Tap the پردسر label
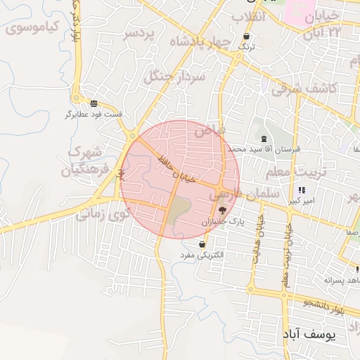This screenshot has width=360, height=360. coord(138,34)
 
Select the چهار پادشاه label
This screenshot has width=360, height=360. coord(200,42)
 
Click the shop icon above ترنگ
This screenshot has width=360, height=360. coord(246,37)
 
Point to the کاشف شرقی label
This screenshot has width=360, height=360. coord(305,88)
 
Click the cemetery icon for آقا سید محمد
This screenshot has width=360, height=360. coord(264,139)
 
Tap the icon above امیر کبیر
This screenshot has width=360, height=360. coord(302,190)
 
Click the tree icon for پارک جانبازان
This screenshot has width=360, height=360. coord(223,210)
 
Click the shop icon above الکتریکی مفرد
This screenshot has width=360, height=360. coord(202,244)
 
